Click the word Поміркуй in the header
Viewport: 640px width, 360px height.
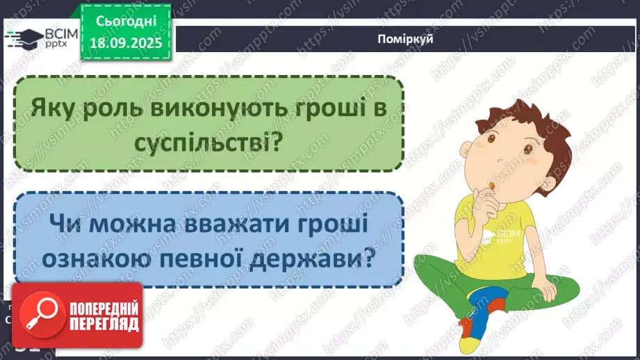(x=408, y=39)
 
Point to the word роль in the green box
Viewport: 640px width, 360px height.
(x=108, y=109)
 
